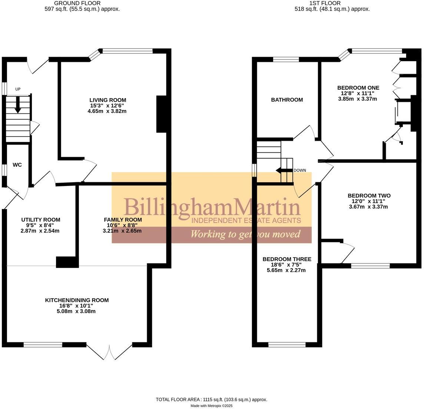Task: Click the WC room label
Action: tap(17, 165)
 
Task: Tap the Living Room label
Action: tap(107, 100)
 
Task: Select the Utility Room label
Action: tap(40, 220)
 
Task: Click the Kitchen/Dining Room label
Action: tap(77, 300)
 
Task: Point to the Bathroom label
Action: tap(287, 100)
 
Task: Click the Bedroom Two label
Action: tap(369, 196)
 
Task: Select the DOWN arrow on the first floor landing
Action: tap(283, 170)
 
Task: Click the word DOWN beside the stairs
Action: tap(299, 170)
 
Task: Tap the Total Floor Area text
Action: tap(211, 399)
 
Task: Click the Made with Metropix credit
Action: tap(211, 406)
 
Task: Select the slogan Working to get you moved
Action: tap(245, 234)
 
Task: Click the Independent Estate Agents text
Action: tap(246, 221)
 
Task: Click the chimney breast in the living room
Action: tap(162, 114)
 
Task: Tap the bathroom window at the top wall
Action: tap(286, 59)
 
